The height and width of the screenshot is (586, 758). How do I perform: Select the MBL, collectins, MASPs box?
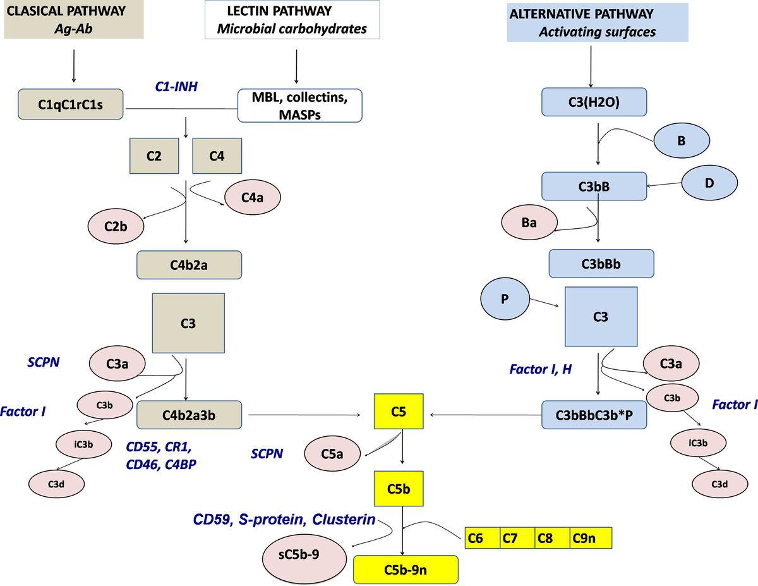pos(299,105)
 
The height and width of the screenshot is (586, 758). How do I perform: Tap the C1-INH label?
pos(177,86)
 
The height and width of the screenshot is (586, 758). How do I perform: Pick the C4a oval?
pos(253,197)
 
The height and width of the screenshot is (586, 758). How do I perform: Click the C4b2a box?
pos(189,265)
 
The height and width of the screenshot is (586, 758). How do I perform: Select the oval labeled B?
pos(682,141)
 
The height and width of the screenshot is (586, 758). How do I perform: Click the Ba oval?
pos(529,224)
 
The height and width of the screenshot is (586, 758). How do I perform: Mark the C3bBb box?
pos(599,264)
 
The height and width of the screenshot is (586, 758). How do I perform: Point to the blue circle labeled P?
pos(505,299)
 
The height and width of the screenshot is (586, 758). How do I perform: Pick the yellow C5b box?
pos(398,488)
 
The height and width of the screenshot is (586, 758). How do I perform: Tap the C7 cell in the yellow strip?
pos(517,539)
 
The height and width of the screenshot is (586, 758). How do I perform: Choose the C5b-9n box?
pos(406,570)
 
